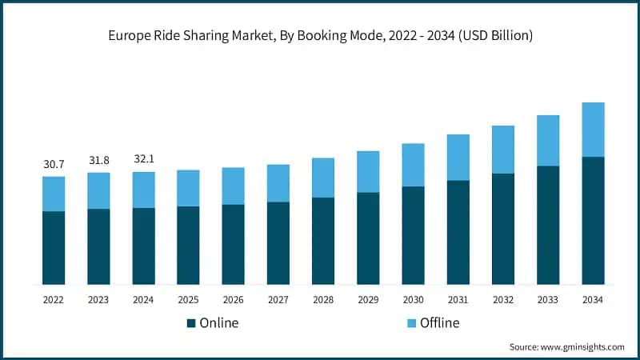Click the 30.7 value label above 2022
[x=54, y=164]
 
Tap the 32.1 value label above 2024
[x=143, y=159]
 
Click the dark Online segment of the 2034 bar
[x=593, y=220]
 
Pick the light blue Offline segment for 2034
[x=593, y=130]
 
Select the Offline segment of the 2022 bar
[x=54, y=194]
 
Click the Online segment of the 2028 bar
[x=323, y=241]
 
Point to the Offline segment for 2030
[x=413, y=165]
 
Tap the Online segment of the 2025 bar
[x=188, y=245]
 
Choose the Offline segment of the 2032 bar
[x=502, y=150]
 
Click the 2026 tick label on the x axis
[x=233, y=299]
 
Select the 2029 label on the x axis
[x=368, y=299]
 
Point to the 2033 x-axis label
[x=548, y=299]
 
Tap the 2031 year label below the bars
[x=458, y=299]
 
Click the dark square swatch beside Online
[x=191, y=323]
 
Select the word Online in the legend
[x=219, y=323]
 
